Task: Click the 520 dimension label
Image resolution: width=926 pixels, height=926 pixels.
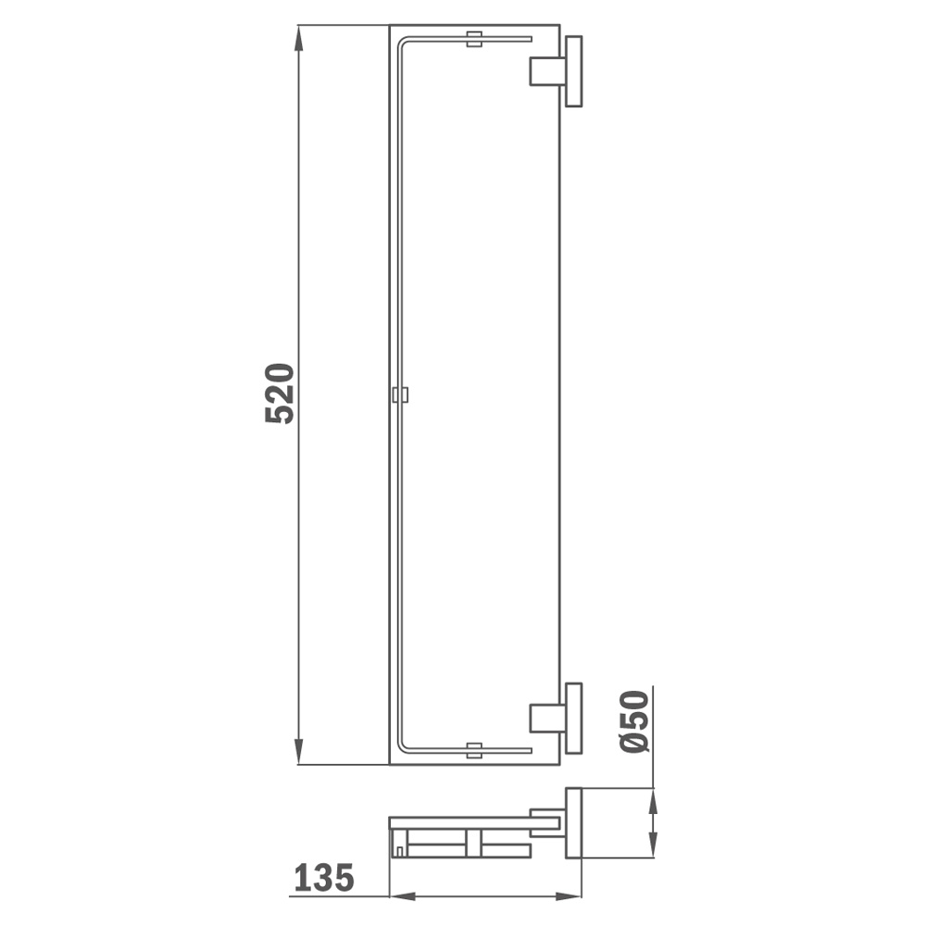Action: [x=280, y=394]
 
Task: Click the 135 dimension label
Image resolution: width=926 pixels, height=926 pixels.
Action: [x=324, y=877]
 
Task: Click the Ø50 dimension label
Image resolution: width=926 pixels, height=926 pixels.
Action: [x=635, y=721]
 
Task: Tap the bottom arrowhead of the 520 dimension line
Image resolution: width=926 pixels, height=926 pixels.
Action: [x=298, y=751]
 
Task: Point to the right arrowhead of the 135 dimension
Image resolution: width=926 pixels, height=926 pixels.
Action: [x=569, y=896]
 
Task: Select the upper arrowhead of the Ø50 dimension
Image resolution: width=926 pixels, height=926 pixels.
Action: [x=653, y=801]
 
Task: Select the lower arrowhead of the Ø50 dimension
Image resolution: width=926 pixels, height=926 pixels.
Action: [x=653, y=845]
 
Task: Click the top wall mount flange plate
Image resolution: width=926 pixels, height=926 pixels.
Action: [x=573, y=71]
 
